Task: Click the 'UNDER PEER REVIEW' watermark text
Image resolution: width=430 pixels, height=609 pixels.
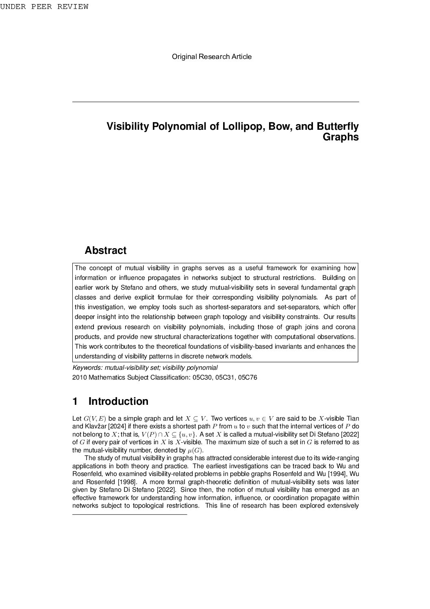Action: click(44, 7)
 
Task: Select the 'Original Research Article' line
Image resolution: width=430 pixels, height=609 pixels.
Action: click(211, 57)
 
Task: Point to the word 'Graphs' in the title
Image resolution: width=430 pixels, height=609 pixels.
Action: click(340, 137)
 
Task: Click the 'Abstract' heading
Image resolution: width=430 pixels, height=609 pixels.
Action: click(105, 251)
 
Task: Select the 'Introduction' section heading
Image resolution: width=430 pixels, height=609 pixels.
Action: click(118, 402)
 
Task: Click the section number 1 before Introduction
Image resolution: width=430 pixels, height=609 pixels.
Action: click(75, 402)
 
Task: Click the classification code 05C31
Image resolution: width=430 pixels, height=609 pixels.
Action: click(225, 378)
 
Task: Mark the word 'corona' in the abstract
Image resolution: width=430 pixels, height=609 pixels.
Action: click(345, 327)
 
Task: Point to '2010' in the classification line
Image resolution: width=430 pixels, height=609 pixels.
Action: click(79, 378)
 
